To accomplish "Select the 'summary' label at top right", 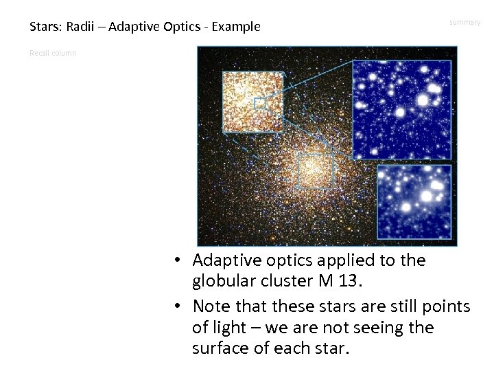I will coord(464,23).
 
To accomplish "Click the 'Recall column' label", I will coord(53,53).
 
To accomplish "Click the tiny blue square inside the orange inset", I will coord(259,104).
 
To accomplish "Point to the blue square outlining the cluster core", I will coord(316,170).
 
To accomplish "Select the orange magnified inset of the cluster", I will coord(252,102).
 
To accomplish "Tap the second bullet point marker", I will coord(177,306).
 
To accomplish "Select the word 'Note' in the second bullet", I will coord(211,306).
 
